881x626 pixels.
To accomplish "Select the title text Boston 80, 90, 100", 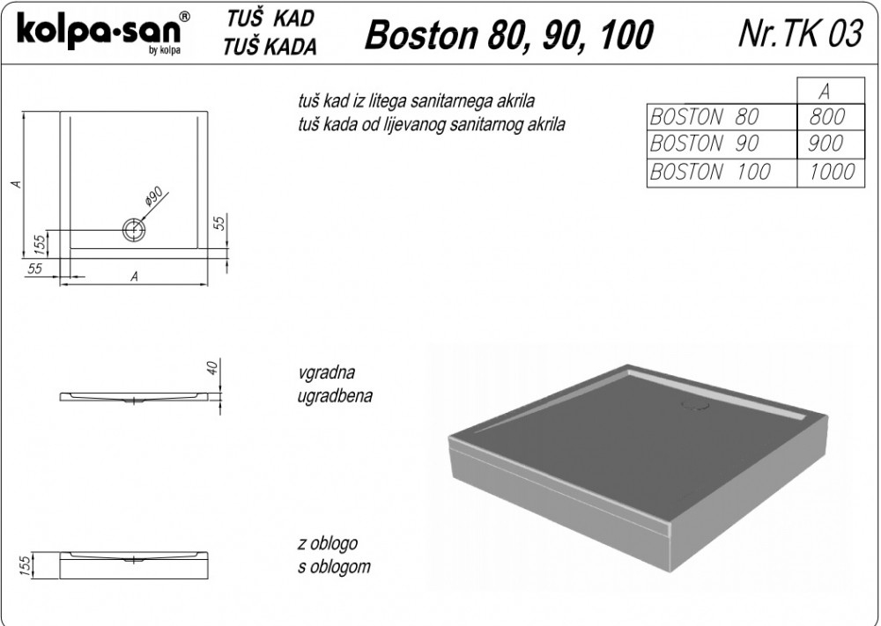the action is (x=509, y=35).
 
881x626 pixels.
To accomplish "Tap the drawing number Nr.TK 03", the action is (x=800, y=33).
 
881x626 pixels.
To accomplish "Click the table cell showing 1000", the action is (x=832, y=171).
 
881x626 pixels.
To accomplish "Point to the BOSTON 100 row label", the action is (x=709, y=171).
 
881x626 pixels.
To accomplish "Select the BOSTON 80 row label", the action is (x=704, y=117).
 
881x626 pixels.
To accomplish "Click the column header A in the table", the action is (x=825, y=92).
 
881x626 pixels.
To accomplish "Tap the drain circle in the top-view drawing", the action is (x=134, y=230).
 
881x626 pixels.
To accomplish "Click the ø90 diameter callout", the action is (x=153, y=195).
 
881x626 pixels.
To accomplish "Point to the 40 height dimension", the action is (x=212, y=368).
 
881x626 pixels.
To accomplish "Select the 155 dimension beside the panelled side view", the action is (x=24, y=565).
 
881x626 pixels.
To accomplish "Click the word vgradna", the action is (x=327, y=372).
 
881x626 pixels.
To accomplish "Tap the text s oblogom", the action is (x=334, y=566).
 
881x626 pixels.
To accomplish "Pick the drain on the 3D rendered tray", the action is (x=695, y=405).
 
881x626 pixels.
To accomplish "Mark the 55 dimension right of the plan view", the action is (x=220, y=223).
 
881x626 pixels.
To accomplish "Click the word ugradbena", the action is (x=335, y=396).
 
